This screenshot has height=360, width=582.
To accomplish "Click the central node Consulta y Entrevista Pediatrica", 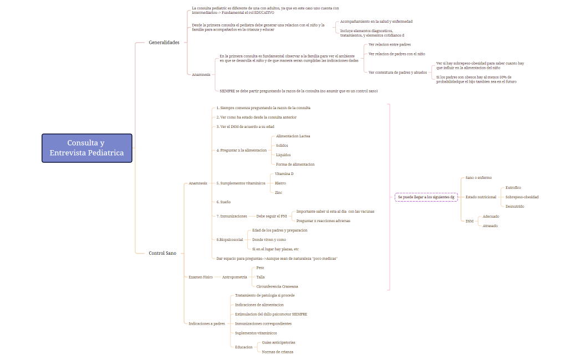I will coord(87,148).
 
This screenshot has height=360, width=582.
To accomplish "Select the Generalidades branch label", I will coord(164,43).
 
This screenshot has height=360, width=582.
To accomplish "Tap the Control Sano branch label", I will coord(162,253).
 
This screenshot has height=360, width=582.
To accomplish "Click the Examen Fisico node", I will coord(201,277).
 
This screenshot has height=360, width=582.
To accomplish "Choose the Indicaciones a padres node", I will coord(207,323).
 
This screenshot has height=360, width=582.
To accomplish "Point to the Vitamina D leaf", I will coord(284,174).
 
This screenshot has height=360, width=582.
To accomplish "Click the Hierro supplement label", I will coord(280,183).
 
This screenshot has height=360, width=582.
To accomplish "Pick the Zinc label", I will coord(278,193).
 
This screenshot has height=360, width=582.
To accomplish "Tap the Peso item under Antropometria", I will coord(260,268).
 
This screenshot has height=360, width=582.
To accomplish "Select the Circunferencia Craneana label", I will coord(277,286).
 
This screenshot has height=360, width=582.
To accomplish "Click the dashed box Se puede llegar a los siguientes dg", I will coord(426,197).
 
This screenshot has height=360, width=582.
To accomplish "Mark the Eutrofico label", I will coord(513,188).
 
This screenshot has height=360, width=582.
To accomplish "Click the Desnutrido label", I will coord(515,207).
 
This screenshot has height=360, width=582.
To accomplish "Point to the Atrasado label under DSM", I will coord(490,226).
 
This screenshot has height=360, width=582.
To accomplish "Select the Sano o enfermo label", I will coord(478,178).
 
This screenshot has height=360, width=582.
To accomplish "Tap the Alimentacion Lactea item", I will coord(293,136).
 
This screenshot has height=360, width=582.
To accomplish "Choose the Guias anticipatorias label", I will coord(279,342).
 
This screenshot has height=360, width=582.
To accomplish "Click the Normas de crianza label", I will coord(278,352).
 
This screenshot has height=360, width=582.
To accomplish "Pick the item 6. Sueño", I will coord(223,202).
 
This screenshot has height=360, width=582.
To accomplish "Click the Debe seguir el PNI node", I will coord(272,216).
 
